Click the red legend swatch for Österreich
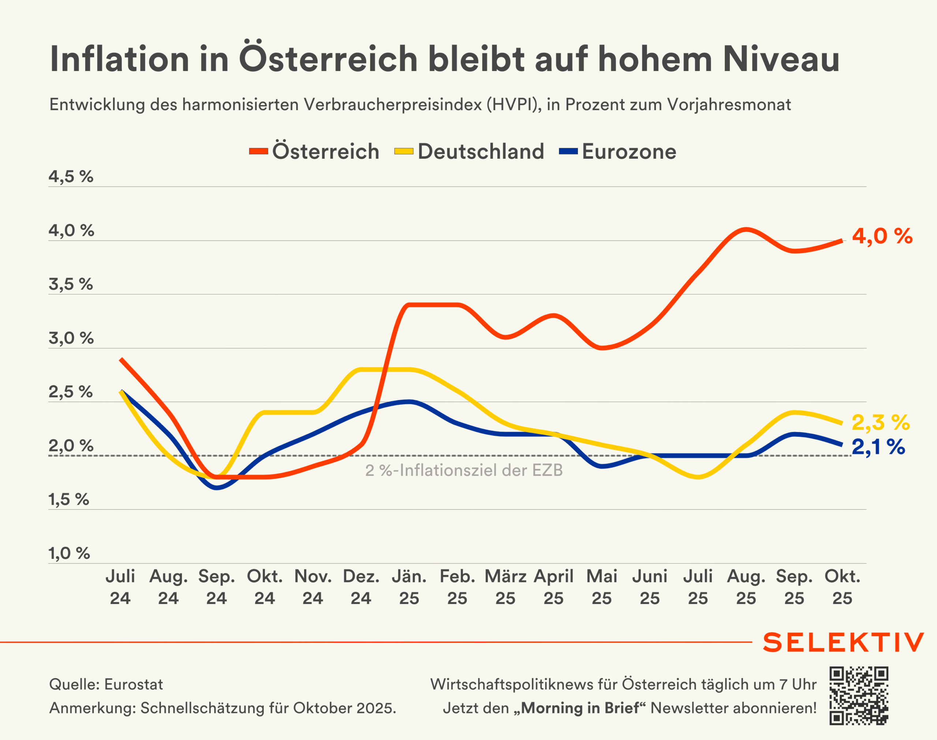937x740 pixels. tap(258, 151)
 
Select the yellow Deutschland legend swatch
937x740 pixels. tap(403, 151)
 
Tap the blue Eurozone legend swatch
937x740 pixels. tap(568, 151)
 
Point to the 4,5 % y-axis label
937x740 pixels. tap(71, 176)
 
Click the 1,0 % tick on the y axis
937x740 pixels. tap(69, 553)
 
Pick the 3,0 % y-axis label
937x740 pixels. tap(71, 338)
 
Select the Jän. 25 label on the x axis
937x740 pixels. tap(409, 587)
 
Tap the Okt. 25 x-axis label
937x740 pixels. tap(842, 587)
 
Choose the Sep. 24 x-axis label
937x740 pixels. tap(216, 587)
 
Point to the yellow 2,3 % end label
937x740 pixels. tap(881, 422)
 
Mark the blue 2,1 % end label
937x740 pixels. tap(878, 447)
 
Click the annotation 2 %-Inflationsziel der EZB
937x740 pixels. tap(464, 470)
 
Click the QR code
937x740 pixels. tap(859, 696)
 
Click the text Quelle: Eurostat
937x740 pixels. tap(106, 684)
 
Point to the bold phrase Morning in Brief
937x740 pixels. tap(580, 708)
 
